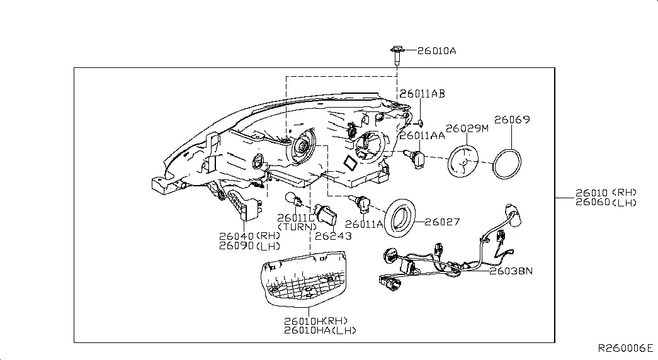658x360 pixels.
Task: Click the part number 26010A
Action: coord(436,51)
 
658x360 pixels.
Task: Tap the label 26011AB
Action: coord(422,93)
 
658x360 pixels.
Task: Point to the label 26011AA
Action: coord(421,135)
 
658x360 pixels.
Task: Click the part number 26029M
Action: coord(467,128)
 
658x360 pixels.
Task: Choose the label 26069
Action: coord(511,119)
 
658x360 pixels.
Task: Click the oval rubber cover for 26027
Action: coord(400,217)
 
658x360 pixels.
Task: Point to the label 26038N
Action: coord(512,271)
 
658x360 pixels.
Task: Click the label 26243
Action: coord(333,236)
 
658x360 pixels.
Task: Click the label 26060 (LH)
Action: coord(606,202)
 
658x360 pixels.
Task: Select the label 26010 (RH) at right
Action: coord(606,193)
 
